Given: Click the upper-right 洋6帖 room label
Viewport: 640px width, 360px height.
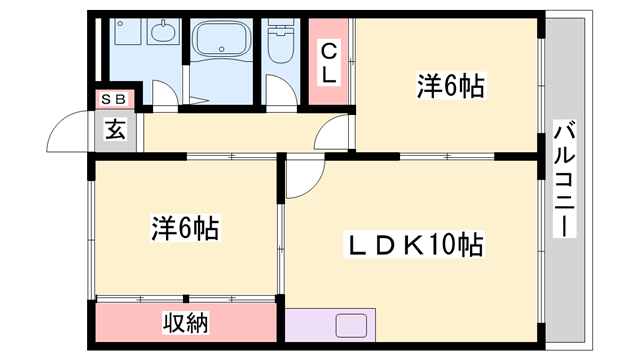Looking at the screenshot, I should (x=450, y=87).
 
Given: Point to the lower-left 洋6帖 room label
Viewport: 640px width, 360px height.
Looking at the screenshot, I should (x=185, y=227).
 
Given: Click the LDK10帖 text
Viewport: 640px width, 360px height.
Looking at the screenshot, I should (x=416, y=243).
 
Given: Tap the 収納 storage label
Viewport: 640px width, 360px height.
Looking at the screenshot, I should (x=185, y=323).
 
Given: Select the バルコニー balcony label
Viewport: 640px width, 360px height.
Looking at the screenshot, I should (x=562, y=178).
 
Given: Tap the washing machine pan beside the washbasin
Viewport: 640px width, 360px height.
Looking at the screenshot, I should (x=127, y=34).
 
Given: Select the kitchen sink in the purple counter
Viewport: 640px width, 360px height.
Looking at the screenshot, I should (x=353, y=328).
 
